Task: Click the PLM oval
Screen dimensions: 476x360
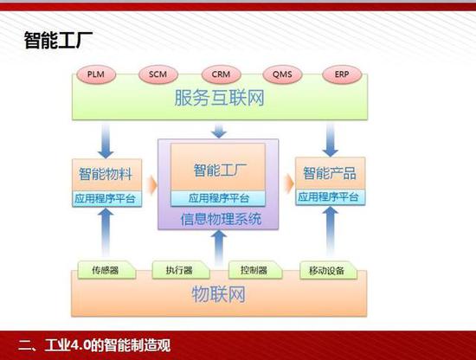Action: pyautogui.click(x=96, y=74)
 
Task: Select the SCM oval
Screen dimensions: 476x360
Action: pyautogui.click(x=158, y=74)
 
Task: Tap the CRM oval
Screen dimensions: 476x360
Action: pyautogui.click(x=221, y=74)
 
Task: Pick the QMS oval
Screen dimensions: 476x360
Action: pyautogui.click(x=282, y=74)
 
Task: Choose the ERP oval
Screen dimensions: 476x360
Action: pyautogui.click(x=342, y=74)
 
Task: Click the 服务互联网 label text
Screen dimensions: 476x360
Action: pyautogui.click(x=219, y=98)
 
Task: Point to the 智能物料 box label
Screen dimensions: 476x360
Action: pyautogui.click(x=106, y=174)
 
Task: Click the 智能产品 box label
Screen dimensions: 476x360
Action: pyautogui.click(x=330, y=173)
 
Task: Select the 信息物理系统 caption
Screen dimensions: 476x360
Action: pyautogui.click(x=221, y=219)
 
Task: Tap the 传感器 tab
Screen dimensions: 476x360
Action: pyautogui.click(x=106, y=269)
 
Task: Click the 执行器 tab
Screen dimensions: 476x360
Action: pyautogui.click(x=180, y=269)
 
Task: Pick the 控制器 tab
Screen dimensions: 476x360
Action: pyautogui.click(x=255, y=269)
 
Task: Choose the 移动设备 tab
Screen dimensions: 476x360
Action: pyautogui.click(x=328, y=270)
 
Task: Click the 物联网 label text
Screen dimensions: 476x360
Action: pyautogui.click(x=219, y=294)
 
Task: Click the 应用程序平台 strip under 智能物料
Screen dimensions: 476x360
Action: pyautogui.click(x=106, y=199)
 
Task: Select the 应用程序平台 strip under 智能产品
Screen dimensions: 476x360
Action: pyautogui.click(x=330, y=197)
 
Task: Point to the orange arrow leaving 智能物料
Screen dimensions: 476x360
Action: pyautogui.click(x=151, y=185)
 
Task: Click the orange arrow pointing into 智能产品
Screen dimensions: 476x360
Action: pyautogui.click(x=288, y=183)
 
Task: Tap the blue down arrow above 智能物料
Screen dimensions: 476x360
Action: pyautogui.click(x=106, y=141)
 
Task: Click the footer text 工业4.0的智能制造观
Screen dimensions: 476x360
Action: pyautogui.click(x=107, y=345)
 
